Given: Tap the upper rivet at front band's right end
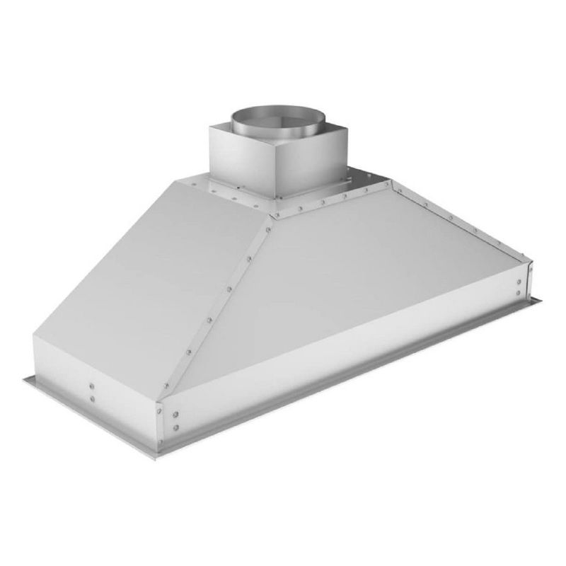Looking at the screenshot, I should [520, 280].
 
